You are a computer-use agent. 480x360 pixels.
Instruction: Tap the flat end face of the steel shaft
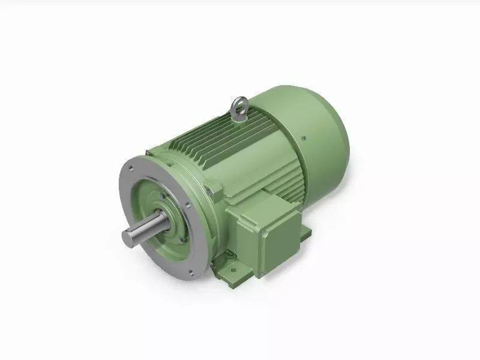point(128,238)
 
